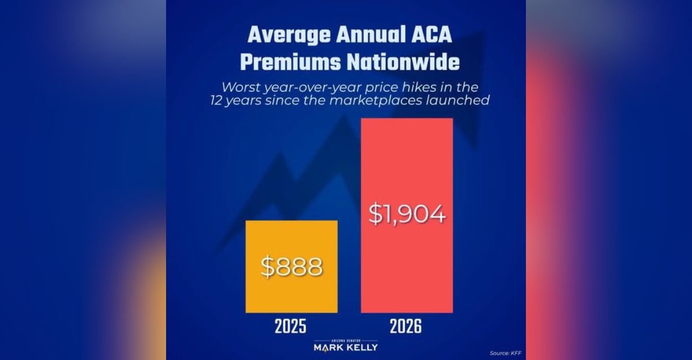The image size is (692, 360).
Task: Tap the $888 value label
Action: pyautogui.click(x=291, y=267)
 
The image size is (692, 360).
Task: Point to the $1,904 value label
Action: pyautogui.click(x=407, y=214)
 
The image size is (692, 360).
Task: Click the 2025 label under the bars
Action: pyautogui.click(x=291, y=327)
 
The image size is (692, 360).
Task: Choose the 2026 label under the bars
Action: pyautogui.click(x=405, y=327)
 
